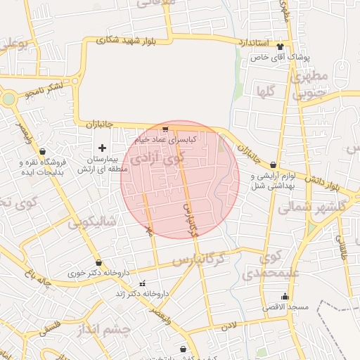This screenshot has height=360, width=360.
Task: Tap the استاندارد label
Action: pyautogui.click(x=253, y=43)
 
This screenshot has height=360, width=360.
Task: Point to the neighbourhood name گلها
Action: pyautogui.click(x=265, y=90)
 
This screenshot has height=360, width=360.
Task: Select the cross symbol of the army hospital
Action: pyautogui.click(x=103, y=148)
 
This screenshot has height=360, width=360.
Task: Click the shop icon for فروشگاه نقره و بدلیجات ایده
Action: pyautogui.click(x=43, y=150)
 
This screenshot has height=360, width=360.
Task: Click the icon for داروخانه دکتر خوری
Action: pyautogui.click(x=98, y=262)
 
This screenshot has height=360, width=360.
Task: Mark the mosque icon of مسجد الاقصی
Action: pyautogui.click(x=285, y=296)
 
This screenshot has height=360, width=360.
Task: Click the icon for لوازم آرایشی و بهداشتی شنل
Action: pyautogui.click(x=273, y=165)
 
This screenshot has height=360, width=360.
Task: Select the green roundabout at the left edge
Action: pyautogui.click(x=8, y=99)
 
